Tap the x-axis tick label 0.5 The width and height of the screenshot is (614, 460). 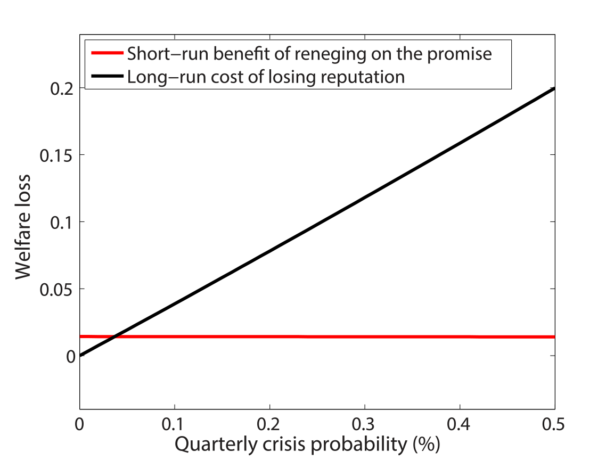pyautogui.click(x=554, y=426)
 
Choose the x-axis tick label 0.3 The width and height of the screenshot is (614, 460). pyautogui.click(x=364, y=426)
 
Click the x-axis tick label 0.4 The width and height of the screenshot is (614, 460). pyautogui.click(x=460, y=426)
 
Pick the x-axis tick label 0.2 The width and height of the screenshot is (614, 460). pyautogui.click(x=269, y=426)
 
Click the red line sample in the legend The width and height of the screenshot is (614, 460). pyautogui.click(x=107, y=53)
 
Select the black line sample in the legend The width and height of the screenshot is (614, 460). pyautogui.click(x=107, y=77)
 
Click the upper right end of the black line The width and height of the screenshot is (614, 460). pyautogui.click(x=554, y=88)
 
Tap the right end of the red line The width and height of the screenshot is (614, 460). pyautogui.click(x=554, y=336)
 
